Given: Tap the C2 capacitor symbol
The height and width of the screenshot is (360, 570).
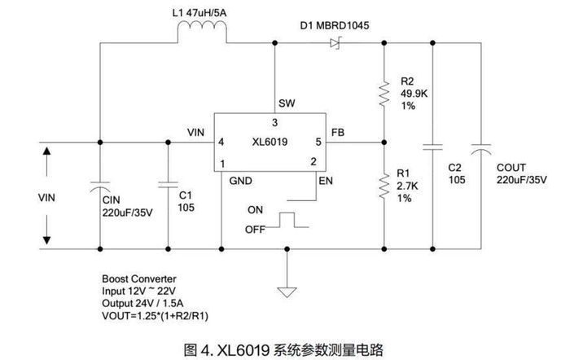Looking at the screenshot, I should point(432,147).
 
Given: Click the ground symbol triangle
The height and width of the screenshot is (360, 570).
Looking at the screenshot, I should point(286,288).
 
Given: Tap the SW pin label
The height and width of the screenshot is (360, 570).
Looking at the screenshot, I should point(286,103).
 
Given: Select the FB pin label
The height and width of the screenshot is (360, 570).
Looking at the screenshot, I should point(339,133).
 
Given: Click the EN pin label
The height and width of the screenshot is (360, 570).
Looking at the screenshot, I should point(326,179).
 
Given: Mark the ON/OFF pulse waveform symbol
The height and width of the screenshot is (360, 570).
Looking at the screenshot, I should point(287,220).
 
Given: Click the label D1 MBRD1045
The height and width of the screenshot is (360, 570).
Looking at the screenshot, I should point(335,25).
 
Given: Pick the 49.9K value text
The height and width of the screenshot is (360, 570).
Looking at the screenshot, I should point(414,94).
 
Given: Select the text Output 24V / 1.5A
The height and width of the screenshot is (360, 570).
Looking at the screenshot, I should point(142,300).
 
